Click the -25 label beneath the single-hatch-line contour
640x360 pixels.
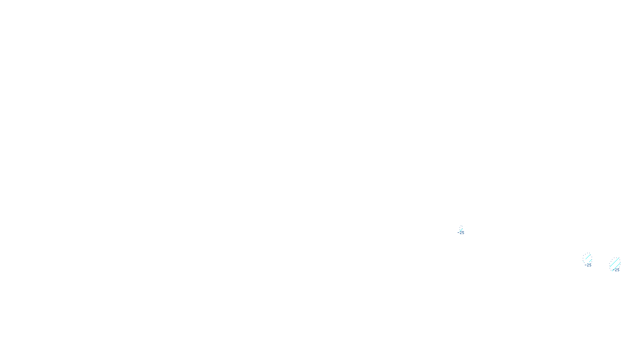pos(461,233)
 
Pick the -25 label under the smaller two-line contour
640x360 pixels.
pos(588,265)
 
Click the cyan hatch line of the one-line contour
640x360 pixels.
pos(461,229)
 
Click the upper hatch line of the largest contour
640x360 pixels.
pos(615,262)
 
